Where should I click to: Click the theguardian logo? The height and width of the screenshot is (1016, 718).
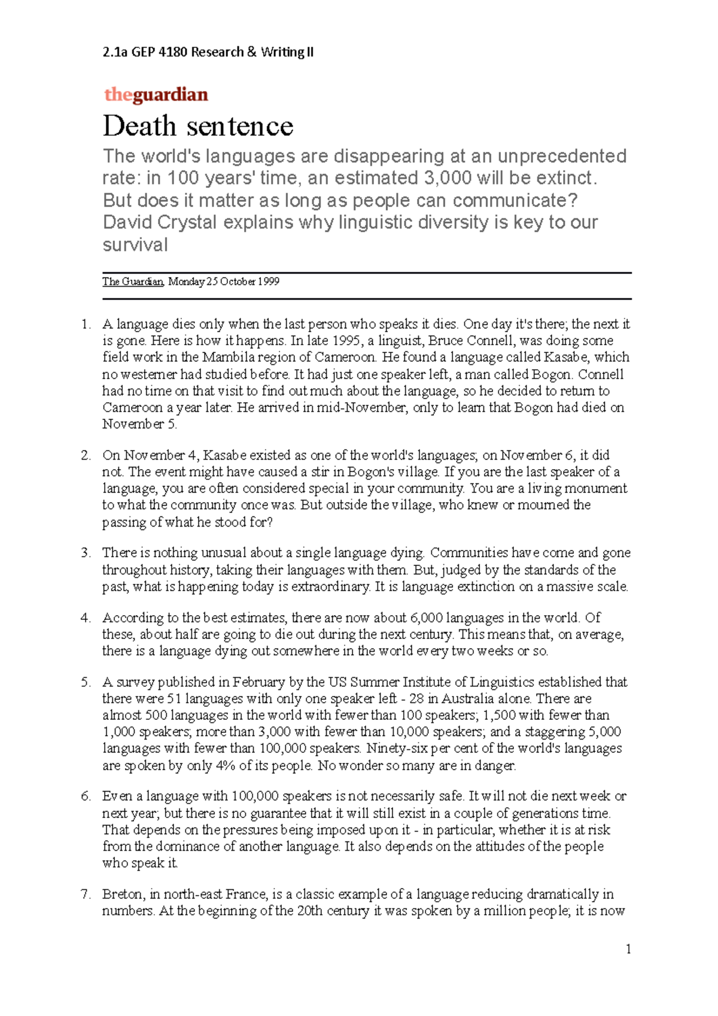tap(156, 95)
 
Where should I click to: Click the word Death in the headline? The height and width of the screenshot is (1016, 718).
tap(139, 126)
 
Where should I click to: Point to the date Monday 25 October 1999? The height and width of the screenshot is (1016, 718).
tap(224, 282)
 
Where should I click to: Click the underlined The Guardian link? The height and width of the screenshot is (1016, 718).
tap(132, 282)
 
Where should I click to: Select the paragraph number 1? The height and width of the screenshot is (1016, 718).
tap(86, 325)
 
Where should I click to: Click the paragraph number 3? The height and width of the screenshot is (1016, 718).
tap(86, 553)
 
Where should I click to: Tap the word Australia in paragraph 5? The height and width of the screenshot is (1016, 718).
tap(469, 699)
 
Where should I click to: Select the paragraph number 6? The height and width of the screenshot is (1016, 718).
tap(86, 796)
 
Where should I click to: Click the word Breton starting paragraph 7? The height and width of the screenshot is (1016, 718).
tap(123, 895)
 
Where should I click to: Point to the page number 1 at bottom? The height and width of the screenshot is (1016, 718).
tap(628, 949)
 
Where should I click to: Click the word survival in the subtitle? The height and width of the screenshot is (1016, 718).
tap(135, 245)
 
